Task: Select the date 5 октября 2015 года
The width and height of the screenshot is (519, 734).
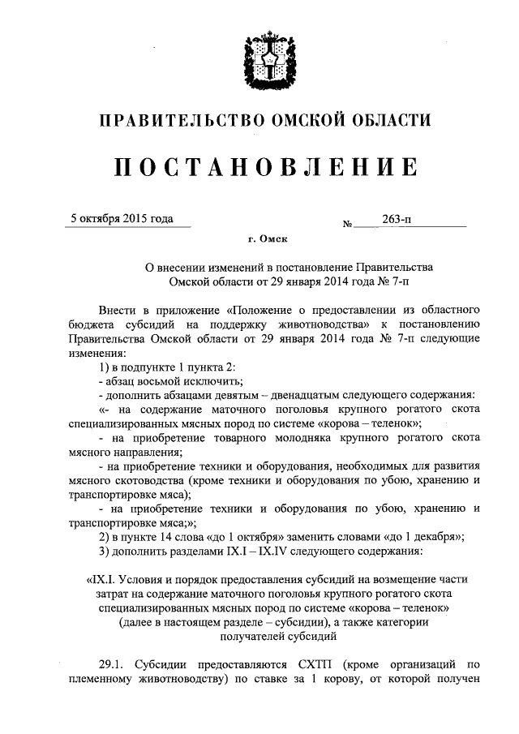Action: [122, 218]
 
